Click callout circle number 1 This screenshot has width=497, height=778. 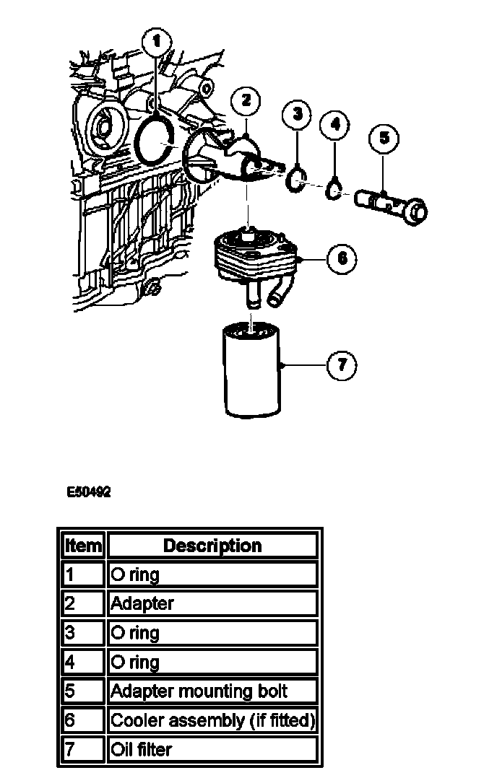pyautogui.click(x=158, y=41)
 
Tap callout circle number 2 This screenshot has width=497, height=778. pyautogui.click(x=246, y=100)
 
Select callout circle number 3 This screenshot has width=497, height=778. pyautogui.click(x=297, y=113)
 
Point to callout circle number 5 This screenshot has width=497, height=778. pyautogui.click(x=384, y=137)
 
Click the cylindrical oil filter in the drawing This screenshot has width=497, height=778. pyautogui.click(x=252, y=371)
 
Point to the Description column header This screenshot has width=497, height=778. pyautogui.click(x=212, y=546)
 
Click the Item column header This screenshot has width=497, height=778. pyautogui.click(x=83, y=546)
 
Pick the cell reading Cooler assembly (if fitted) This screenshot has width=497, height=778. pyautogui.click(x=212, y=720)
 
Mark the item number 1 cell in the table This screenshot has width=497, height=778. pyautogui.click(x=83, y=574)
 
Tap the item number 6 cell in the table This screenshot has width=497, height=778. pyautogui.click(x=83, y=720)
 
